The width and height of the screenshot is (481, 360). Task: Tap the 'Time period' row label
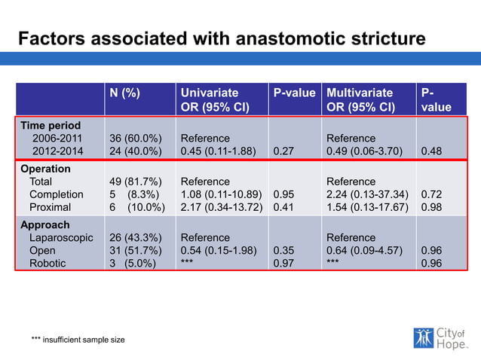coord(51,125)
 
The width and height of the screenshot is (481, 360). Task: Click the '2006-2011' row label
coord(57,138)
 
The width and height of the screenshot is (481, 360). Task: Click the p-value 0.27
coord(283,151)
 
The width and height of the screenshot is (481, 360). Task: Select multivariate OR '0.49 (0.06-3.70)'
coord(365,151)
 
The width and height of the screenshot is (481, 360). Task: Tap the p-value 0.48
coord(432,151)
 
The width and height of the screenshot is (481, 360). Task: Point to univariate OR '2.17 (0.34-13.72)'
coord(222,207)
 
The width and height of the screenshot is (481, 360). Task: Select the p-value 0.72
coord(432,194)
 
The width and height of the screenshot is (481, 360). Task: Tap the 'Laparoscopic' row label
coord(61,237)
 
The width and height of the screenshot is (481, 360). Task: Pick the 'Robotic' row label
coord(47,263)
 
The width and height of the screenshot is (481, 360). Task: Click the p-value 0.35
coord(283,250)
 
